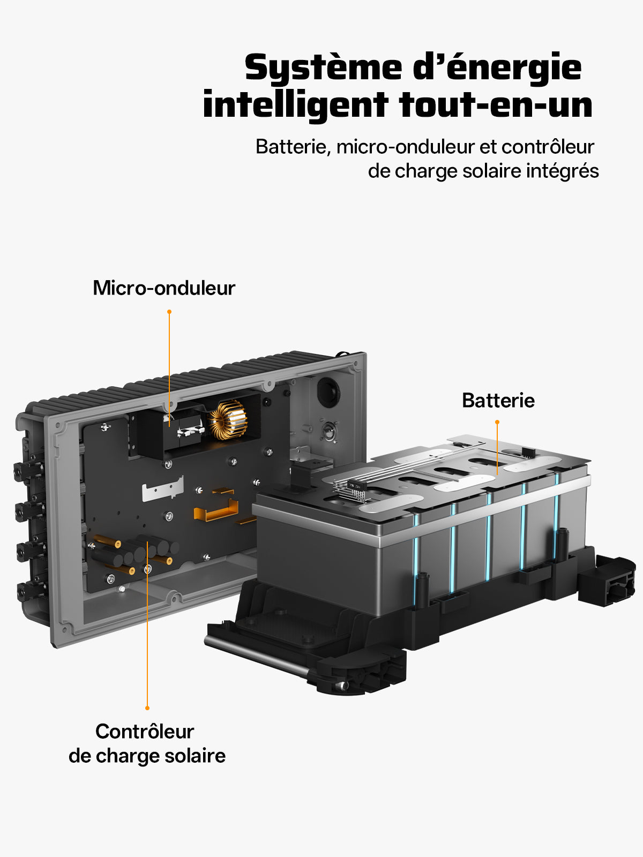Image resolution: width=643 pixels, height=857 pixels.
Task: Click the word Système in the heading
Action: pos(323,68)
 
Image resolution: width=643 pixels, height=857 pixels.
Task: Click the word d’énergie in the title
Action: pos(497,68)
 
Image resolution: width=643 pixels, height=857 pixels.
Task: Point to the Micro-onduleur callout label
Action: pos(164,288)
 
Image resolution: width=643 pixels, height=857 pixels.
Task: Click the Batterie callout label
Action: pos(498,401)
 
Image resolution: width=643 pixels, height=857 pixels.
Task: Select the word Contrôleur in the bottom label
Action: pos(145,732)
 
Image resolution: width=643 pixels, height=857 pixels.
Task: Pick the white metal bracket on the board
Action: pos(162,488)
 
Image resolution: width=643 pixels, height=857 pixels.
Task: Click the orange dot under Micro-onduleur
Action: pos(169,312)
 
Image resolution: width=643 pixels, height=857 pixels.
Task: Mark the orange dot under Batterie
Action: pos(497,422)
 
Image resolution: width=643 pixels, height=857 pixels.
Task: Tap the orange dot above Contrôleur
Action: pos(147,708)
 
